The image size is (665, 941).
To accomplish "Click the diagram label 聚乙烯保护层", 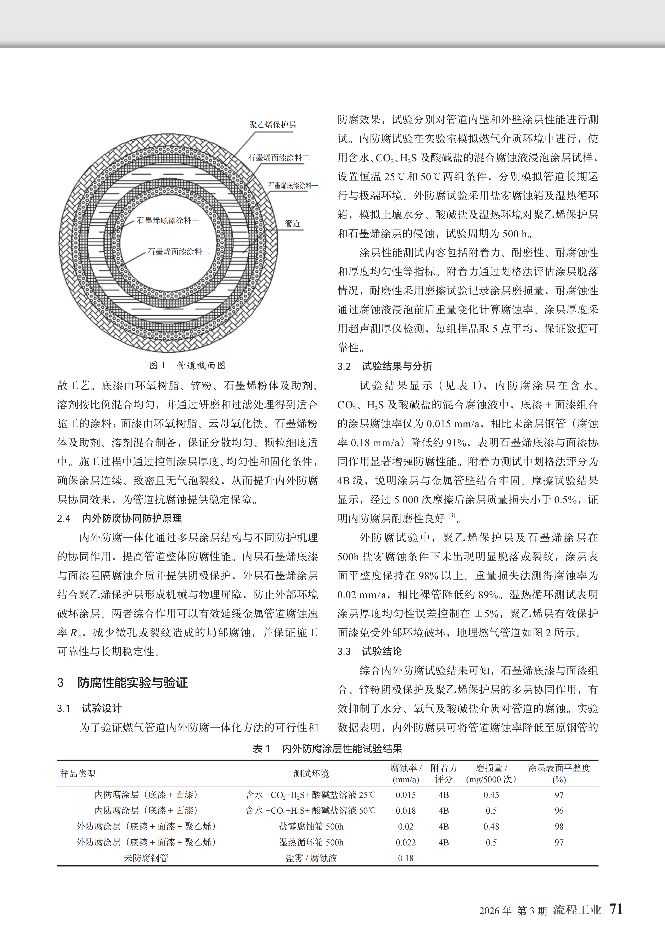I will pyautogui.click(x=272, y=125).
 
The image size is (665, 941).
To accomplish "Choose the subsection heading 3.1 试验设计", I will pyautogui.click(x=89, y=708).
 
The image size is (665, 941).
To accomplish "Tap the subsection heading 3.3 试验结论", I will pyautogui.click(x=370, y=651).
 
